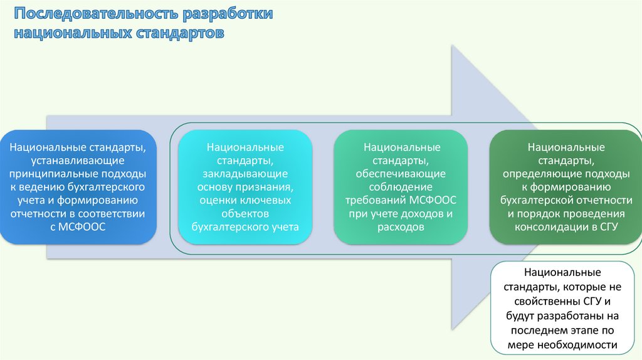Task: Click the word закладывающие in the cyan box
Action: [x=245, y=173]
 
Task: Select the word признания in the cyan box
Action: [x=266, y=186]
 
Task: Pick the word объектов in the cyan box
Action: [x=245, y=213]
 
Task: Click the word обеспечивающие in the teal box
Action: [x=401, y=173]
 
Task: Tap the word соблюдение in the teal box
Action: [x=401, y=186]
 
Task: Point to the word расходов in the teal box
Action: [x=401, y=226]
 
